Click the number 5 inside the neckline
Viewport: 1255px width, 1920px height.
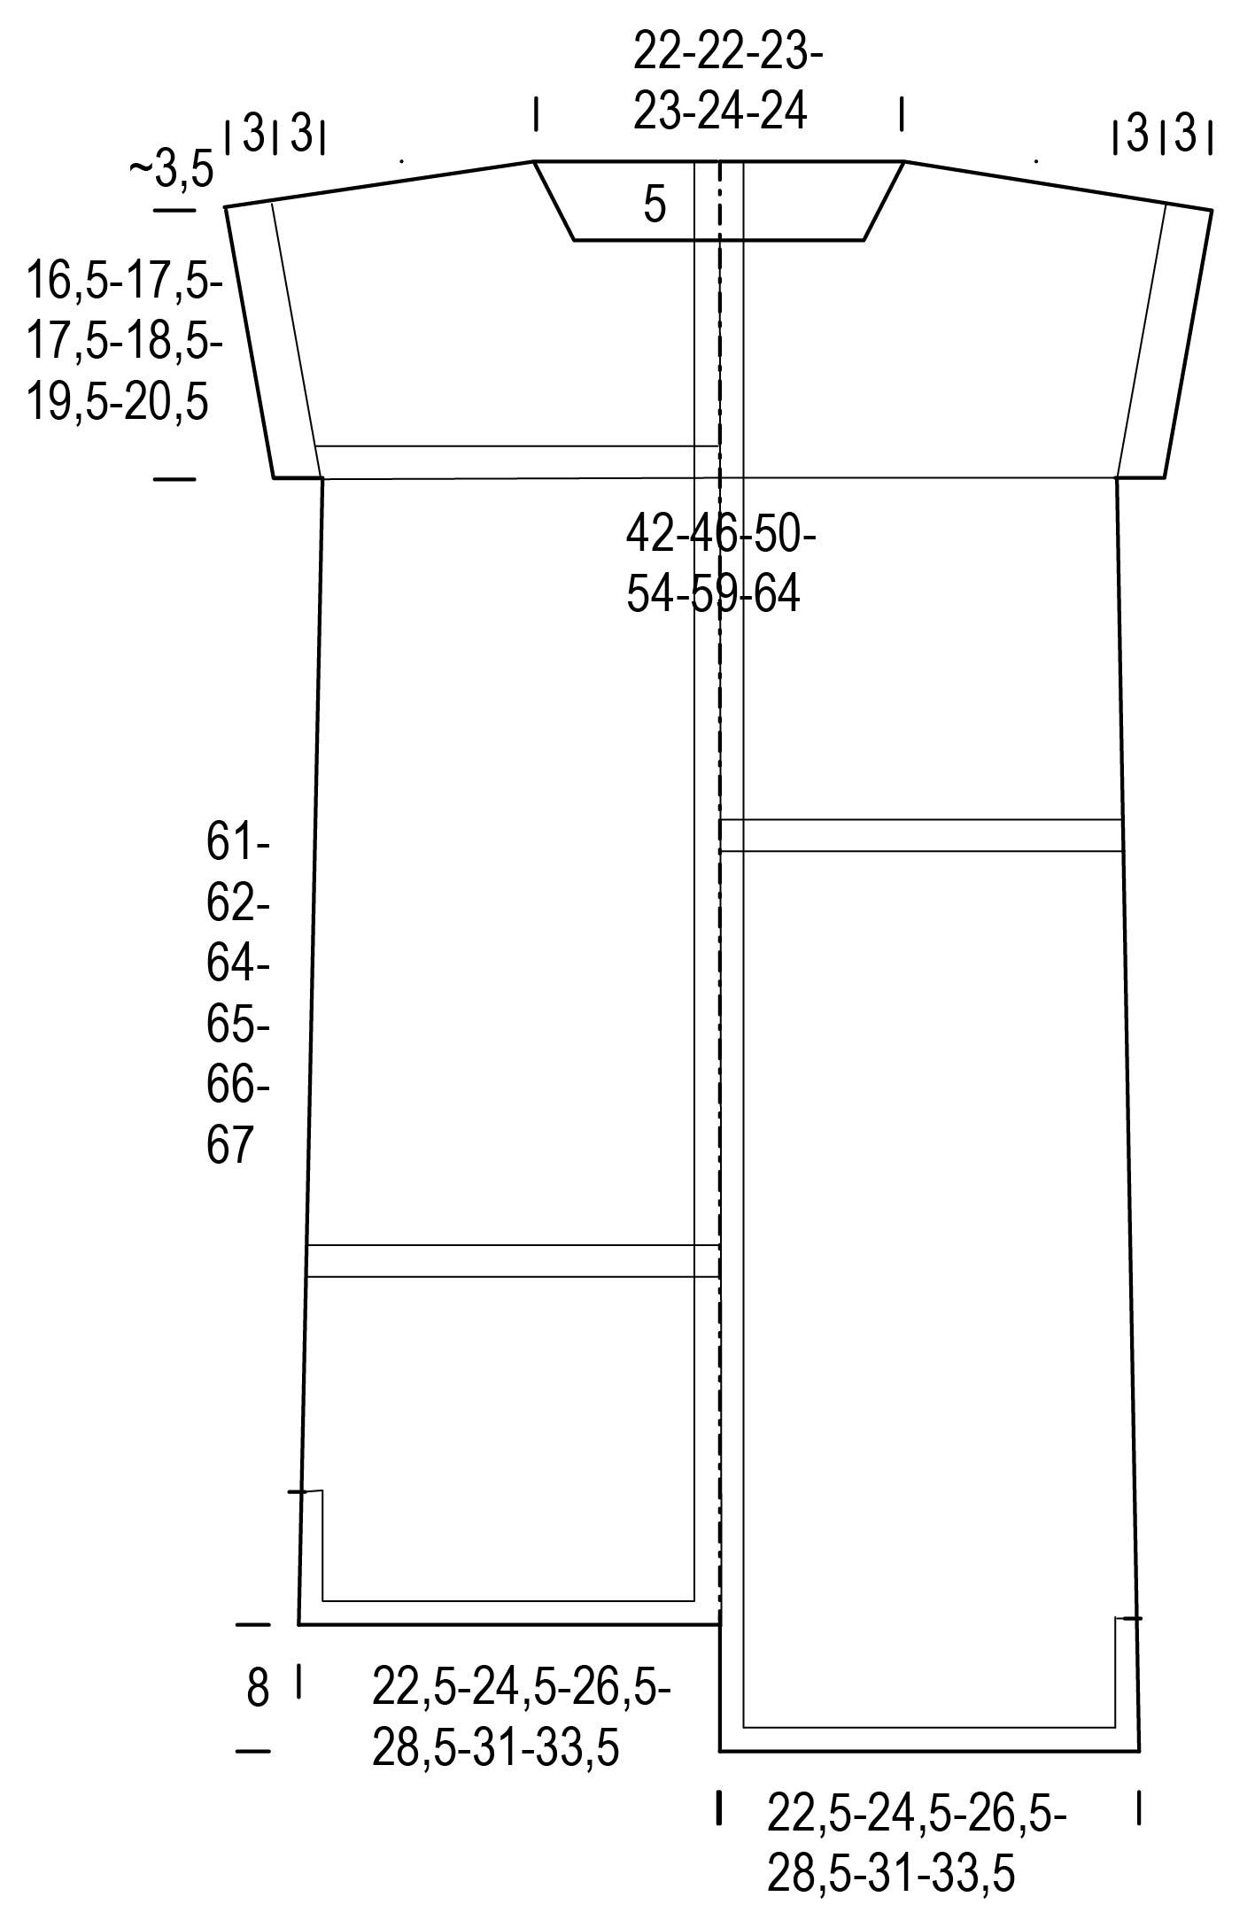coord(655,205)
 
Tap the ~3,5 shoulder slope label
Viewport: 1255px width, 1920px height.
coord(172,169)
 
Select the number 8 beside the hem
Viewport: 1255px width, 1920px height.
coord(257,1688)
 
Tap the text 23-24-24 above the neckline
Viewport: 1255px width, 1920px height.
coord(720,112)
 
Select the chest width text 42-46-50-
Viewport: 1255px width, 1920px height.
coord(721,534)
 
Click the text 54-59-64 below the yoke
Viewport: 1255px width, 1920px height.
coord(713,594)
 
